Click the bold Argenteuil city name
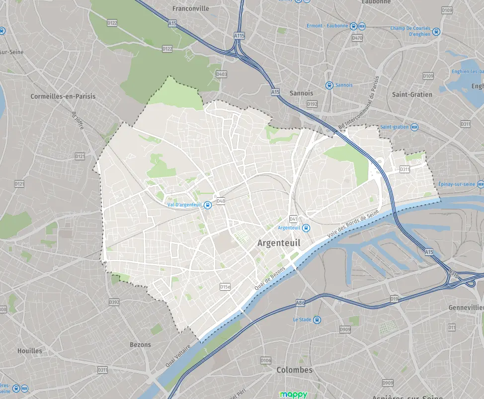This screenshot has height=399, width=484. click(x=279, y=242)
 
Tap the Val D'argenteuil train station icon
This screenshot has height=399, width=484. click(x=207, y=205)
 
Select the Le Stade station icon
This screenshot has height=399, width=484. click(x=317, y=319)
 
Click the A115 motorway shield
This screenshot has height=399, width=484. click(x=239, y=36)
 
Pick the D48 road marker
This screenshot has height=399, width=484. click(x=221, y=201)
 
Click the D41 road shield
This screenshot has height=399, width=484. click(x=293, y=219)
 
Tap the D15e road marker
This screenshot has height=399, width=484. click(x=225, y=287)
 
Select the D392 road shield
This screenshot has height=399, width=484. click(x=114, y=302)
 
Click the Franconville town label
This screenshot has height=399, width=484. click(x=190, y=8)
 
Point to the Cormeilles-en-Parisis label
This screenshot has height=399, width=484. click(x=63, y=96)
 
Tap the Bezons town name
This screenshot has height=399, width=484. click(x=140, y=344)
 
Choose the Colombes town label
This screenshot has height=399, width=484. click(x=294, y=370)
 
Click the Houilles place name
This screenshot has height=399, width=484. click(x=30, y=350)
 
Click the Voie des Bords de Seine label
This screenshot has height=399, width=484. click(x=353, y=224)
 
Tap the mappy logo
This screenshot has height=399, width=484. click(x=293, y=395)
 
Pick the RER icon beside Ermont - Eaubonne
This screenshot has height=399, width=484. click(x=362, y=26)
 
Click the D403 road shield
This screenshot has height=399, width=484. click(x=221, y=74)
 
